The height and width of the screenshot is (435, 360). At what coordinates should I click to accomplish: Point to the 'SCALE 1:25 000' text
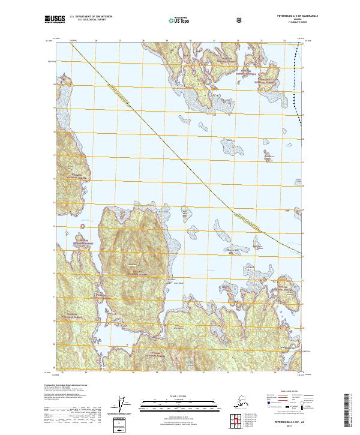[179, 395]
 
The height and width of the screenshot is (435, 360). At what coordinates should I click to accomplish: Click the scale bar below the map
[179, 401]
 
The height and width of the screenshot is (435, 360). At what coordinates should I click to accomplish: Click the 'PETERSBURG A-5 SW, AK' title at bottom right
[284, 422]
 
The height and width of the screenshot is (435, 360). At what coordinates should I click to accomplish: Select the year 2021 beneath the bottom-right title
[284, 426]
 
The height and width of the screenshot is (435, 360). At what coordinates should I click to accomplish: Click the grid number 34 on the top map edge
[284, 41]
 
